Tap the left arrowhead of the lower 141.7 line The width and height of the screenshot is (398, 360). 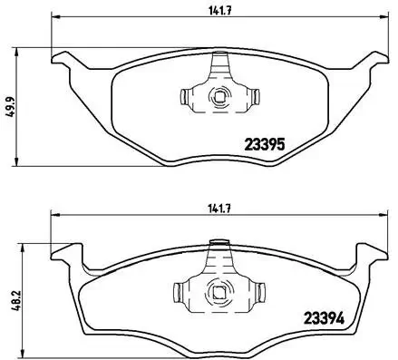[52, 215]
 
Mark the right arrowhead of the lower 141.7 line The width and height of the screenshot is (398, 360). [379, 215]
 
